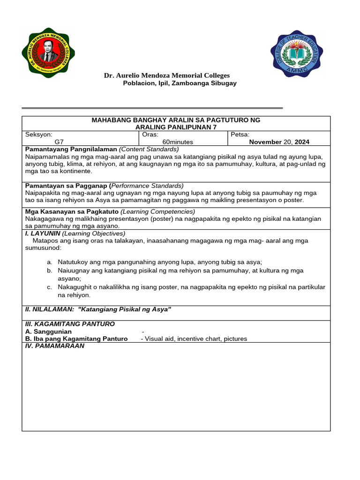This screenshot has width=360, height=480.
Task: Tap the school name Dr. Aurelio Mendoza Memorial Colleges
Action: (x=166, y=75)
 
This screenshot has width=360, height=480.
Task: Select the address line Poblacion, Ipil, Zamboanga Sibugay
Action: (x=180, y=83)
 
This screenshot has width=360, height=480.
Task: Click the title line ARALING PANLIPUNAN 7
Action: (x=176, y=127)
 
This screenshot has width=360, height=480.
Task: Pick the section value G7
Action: (x=59, y=142)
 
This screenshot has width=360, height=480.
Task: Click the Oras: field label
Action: (x=150, y=135)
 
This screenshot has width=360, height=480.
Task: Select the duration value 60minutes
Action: (x=178, y=142)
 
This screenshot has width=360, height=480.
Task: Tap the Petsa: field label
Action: (x=240, y=135)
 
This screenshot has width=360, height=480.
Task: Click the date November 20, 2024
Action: (x=279, y=142)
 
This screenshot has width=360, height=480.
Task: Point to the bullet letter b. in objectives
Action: (x=49, y=270)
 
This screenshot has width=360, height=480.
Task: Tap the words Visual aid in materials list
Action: (x=159, y=338)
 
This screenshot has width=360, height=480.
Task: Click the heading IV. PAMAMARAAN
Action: (x=54, y=346)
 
